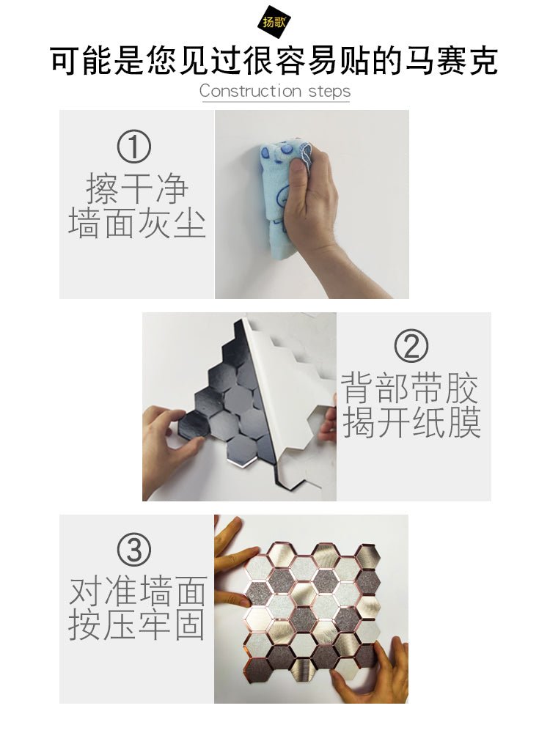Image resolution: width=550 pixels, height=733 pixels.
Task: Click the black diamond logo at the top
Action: click(274, 21)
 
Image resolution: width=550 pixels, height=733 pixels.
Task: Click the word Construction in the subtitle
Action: click(250, 91)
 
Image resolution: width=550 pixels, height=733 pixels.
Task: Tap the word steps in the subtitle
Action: click(329, 92)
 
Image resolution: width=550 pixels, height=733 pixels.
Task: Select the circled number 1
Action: click(133, 146)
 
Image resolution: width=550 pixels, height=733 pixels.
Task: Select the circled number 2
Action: click(411, 345)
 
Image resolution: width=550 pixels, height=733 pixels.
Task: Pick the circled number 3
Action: click(133, 549)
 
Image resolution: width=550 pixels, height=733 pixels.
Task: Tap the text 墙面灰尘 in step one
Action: click(137, 223)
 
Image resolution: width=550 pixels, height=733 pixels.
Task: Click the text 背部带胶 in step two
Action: click(410, 388)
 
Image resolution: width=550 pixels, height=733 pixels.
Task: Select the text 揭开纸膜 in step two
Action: click(411, 422)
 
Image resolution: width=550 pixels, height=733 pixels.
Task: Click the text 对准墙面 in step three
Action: click(138, 591)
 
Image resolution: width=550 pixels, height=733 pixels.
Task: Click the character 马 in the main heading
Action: click(419, 60)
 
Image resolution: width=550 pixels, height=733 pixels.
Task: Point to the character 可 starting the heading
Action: click(66, 60)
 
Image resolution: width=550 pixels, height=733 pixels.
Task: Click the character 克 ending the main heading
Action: click(483, 60)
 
